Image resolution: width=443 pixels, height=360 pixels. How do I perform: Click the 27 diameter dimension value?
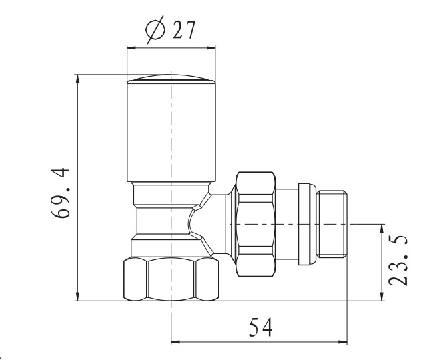click(x=184, y=29)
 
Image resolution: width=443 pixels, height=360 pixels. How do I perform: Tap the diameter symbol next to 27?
click(x=155, y=29)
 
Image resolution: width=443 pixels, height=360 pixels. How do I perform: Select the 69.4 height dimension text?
click(x=60, y=193)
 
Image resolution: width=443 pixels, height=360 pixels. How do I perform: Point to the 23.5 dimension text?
click(x=398, y=260)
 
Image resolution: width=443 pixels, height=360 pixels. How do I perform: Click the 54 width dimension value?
click(x=261, y=327)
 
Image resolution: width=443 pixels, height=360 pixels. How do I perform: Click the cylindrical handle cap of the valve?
click(x=171, y=131)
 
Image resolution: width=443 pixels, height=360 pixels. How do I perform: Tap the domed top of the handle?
click(x=171, y=77)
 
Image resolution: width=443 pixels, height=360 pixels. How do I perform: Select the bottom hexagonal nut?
click(x=171, y=279)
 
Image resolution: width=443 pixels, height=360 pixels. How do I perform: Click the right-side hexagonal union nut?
click(x=256, y=224)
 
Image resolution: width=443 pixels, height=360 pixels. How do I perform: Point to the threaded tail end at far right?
click(x=332, y=224)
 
